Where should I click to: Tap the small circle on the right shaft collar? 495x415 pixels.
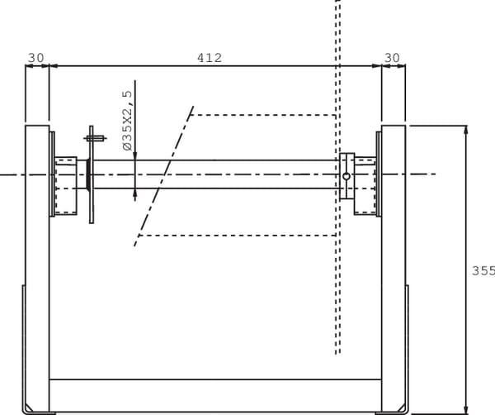pyautogui.click(x=346, y=176)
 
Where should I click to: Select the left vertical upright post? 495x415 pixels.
pyautogui.click(x=37, y=265)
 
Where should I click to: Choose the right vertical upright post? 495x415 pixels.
pyautogui.click(x=394, y=265)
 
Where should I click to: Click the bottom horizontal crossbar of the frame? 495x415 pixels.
pyautogui.click(x=214, y=389)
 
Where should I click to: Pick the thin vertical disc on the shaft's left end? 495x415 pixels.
pyautogui.click(x=92, y=178)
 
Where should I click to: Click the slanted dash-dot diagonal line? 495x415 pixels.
pyautogui.click(x=165, y=176)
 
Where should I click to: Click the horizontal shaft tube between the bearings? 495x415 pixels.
pyautogui.click(x=231, y=174)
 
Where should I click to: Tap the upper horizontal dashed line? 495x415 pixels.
pyautogui.click(x=264, y=114)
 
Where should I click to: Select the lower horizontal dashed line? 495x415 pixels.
pyautogui.click(x=239, y=236)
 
